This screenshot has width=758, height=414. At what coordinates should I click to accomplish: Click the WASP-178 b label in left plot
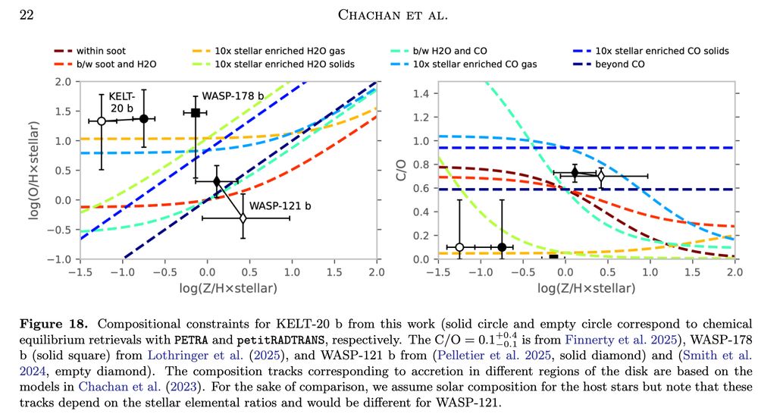(x=233, y=97)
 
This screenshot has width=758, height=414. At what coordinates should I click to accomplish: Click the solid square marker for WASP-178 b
(x=196, y=113)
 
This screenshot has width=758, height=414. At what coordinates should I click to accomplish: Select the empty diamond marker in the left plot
(x=243, y=218)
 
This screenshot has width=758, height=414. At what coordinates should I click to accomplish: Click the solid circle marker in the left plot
(x=144, y=118)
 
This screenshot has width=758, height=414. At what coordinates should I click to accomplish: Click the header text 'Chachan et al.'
(x=379, y=14)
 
